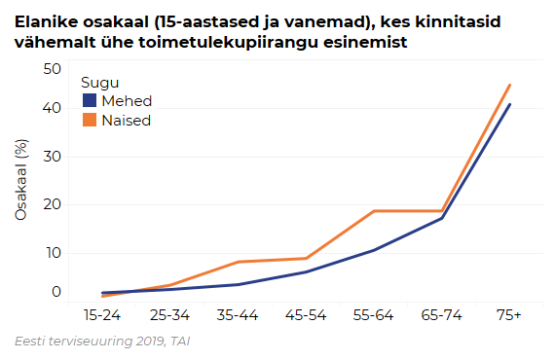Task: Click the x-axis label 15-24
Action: point(102,316)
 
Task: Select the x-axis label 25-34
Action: point(170,316)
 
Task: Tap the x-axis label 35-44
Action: point(238,316)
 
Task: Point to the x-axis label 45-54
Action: point(306,316)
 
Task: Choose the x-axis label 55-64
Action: point(373,316)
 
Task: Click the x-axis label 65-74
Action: point(441,316)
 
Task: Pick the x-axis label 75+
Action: point(508,316)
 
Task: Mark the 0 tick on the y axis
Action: point(55,292)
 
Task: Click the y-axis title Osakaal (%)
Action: point(20,180)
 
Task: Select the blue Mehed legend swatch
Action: point(89,101)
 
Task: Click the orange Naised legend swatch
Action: point(89,120)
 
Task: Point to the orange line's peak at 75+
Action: point(509,85)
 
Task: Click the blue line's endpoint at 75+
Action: point(509,104)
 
